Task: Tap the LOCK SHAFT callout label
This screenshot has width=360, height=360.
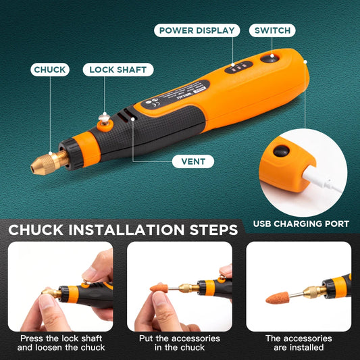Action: (118, 70)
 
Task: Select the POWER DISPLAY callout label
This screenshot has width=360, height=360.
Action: (197, 30)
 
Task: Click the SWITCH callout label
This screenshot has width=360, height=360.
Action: (272, 30)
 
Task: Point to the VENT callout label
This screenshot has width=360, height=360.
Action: (193, 161)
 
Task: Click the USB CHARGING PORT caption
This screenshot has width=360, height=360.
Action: (301, 224)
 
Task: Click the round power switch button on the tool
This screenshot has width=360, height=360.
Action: (272, 59)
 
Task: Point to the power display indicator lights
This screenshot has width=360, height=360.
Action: (238, 68)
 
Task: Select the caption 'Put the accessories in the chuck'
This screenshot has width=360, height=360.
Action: (180, 342)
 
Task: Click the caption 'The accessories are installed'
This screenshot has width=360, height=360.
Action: (299, 342)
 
